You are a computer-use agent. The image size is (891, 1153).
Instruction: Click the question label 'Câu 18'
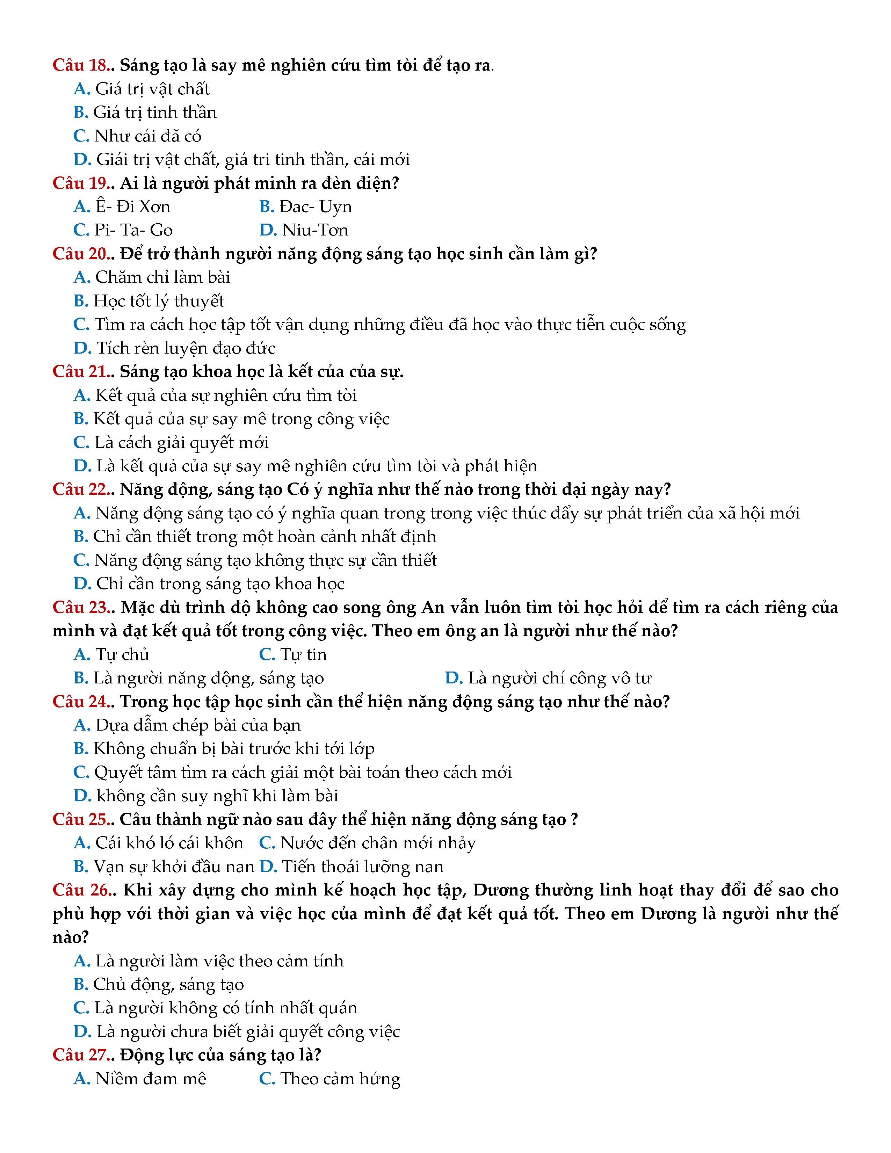pos(81,65)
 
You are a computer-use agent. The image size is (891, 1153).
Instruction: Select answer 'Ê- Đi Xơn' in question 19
pos(132,206)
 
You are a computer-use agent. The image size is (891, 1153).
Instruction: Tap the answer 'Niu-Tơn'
pos(314,230)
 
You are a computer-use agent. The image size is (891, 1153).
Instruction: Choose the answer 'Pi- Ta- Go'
pos(133,230)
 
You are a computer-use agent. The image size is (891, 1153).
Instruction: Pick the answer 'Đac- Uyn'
pos(315,206)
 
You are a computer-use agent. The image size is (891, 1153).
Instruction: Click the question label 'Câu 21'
pos(81,372)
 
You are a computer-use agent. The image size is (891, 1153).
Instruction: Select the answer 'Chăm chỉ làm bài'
pos(162,277)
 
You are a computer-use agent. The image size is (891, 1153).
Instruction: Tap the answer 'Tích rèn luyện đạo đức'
pos(185,348)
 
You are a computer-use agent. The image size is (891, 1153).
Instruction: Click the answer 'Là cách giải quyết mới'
pos(181,442)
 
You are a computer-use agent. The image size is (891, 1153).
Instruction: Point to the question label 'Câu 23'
pos(81,607)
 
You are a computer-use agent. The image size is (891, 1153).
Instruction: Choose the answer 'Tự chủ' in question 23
pos(122,655)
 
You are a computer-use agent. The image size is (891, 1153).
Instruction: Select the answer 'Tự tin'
pos(303,655)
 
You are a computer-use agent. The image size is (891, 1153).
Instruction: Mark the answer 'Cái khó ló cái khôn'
pos(169,843)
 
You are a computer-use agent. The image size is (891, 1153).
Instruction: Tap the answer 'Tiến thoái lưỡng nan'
pos(362,867)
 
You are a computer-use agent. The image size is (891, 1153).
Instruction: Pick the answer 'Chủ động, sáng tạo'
pos(168,985)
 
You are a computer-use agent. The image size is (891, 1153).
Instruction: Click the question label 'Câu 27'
pos(81,1055)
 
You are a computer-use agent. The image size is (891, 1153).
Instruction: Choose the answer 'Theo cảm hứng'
pos(340,1079)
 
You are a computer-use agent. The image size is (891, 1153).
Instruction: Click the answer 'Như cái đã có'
pos(148,136)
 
